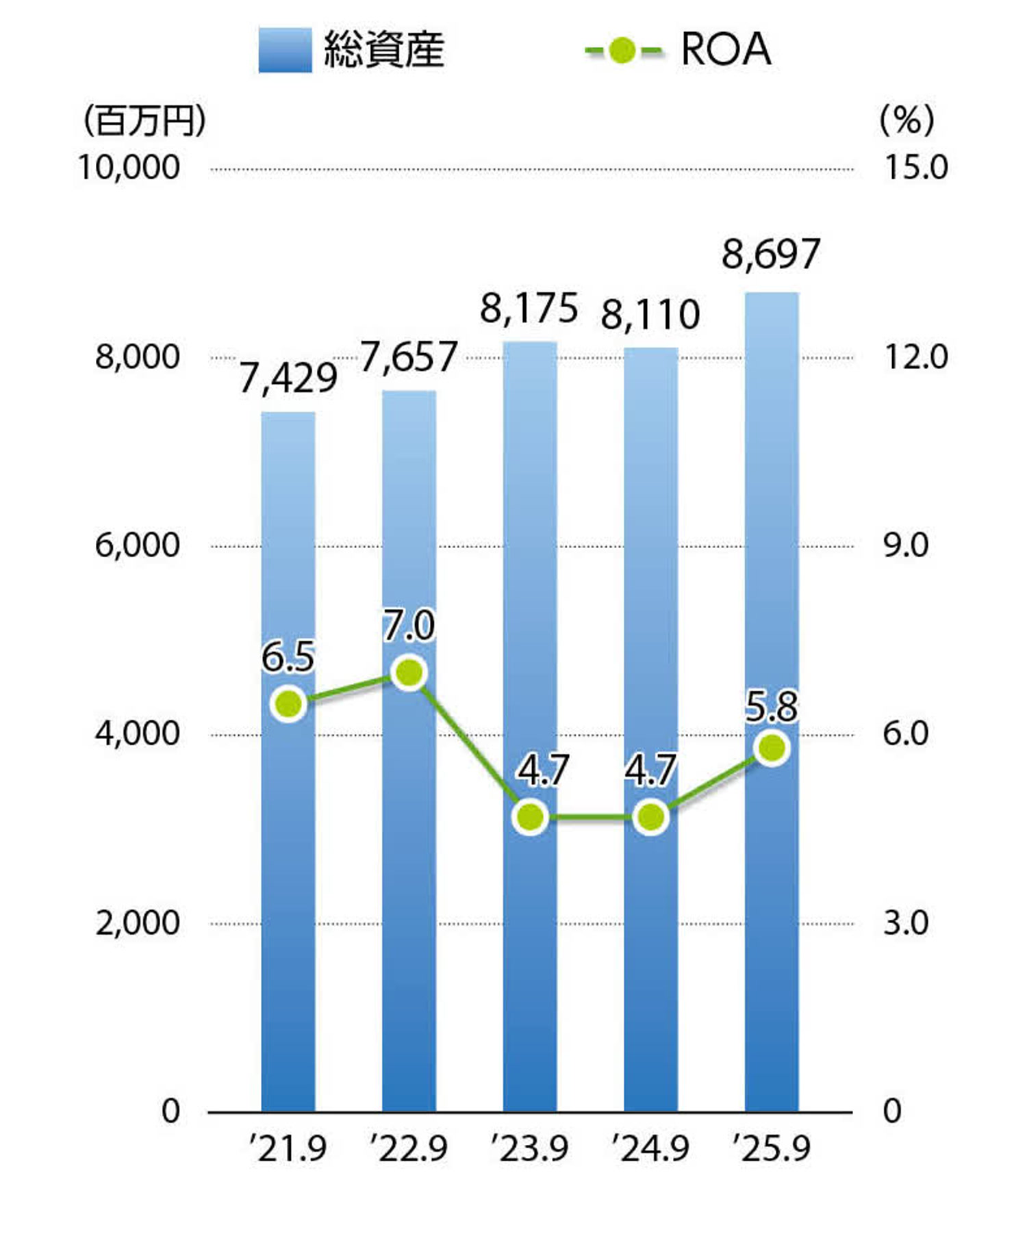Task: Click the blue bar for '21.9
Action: coord(288,855)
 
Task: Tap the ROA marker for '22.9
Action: coord(409,673)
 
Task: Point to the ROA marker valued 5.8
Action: coord(772,748)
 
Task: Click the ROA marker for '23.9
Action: coord(531,816)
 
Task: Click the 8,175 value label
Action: coord(529,309)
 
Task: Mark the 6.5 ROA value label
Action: coord(288,656)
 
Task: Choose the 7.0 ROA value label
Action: coord(409,625)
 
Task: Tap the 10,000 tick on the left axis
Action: coord(129,168)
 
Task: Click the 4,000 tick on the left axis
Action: coord(137,734)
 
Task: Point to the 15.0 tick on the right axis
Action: coord(916,168)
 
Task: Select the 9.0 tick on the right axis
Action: coord(906,545)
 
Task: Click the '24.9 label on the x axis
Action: coord(650,1148)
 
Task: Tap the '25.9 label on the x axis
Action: coord(772,1148)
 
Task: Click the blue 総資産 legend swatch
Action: coord(285,50)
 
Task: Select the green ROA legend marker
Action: coord(622,50)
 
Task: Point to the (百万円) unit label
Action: coord(144,121)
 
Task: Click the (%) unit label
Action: coord(906,121)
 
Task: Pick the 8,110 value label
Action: coord(650,315)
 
